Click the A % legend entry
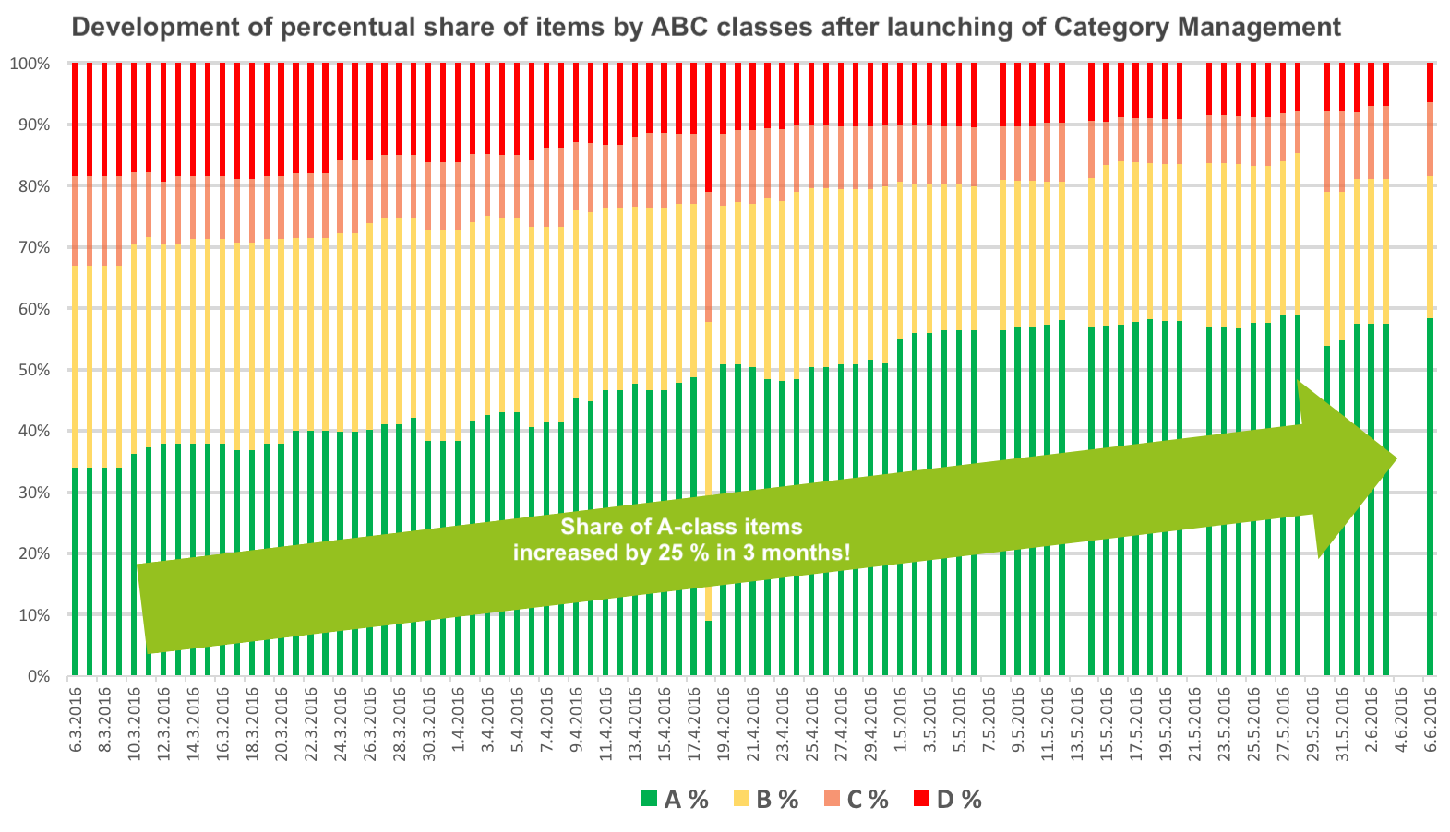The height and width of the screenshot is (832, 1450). coord(675,800)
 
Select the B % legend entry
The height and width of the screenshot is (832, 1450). coord(766,800)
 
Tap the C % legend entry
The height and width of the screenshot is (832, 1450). coord(856,800)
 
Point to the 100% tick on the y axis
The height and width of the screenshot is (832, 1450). coord(30,64)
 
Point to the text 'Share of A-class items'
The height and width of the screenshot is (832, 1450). coord(681,527)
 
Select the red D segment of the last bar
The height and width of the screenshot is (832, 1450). coord(1431,82)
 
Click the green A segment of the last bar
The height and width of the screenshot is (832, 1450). coord(1431,498)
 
